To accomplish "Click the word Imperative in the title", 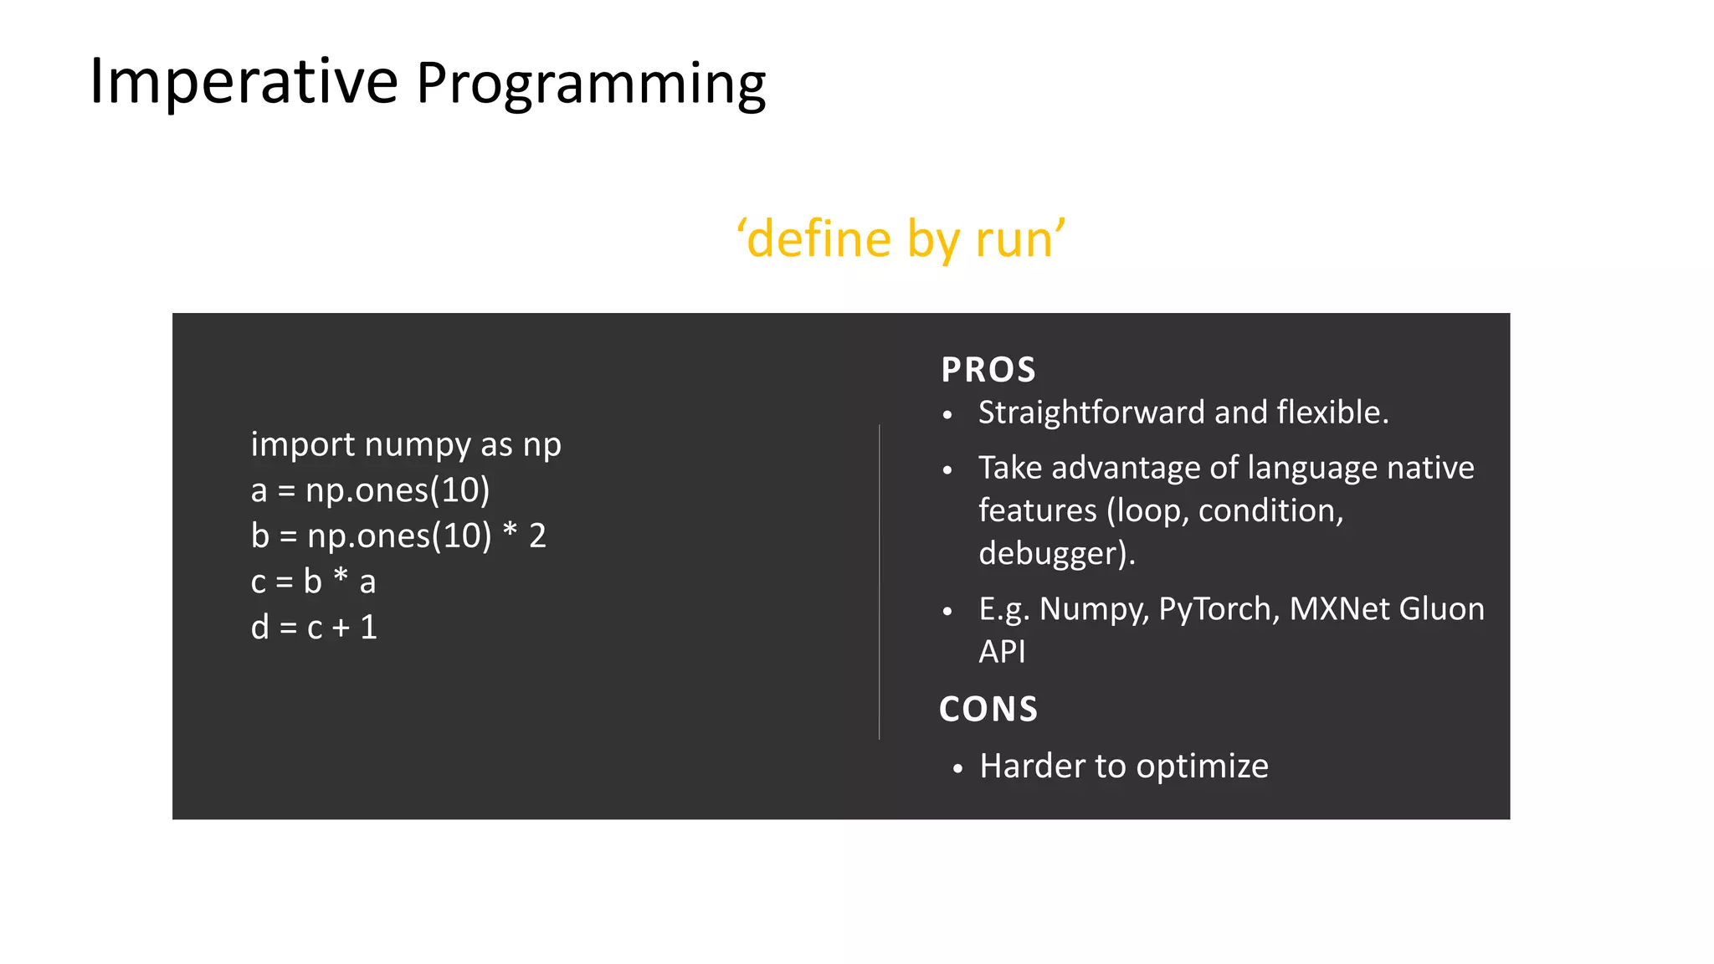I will (x=243, y=81).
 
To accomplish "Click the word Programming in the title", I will (x=591, y=85).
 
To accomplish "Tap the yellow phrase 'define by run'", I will (x=901, y=239).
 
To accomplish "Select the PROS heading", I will (x=988, y=370).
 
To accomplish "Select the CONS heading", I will (x=988, y=710).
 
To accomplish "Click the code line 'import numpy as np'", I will (x=406, y=444).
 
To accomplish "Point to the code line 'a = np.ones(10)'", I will (x=370, y=490).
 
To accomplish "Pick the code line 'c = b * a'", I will (x=313, y=582).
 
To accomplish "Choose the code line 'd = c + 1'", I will (x=314, y=628).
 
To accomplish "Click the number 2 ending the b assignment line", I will (x=537, y=536).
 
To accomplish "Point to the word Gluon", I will (x=1441, y=609).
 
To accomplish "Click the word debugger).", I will (x=1057, y=554).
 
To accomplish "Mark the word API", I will (x=1002, y=652).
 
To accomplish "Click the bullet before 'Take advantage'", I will (x=947, y=470).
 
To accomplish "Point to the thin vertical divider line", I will (x=880, y=582).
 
